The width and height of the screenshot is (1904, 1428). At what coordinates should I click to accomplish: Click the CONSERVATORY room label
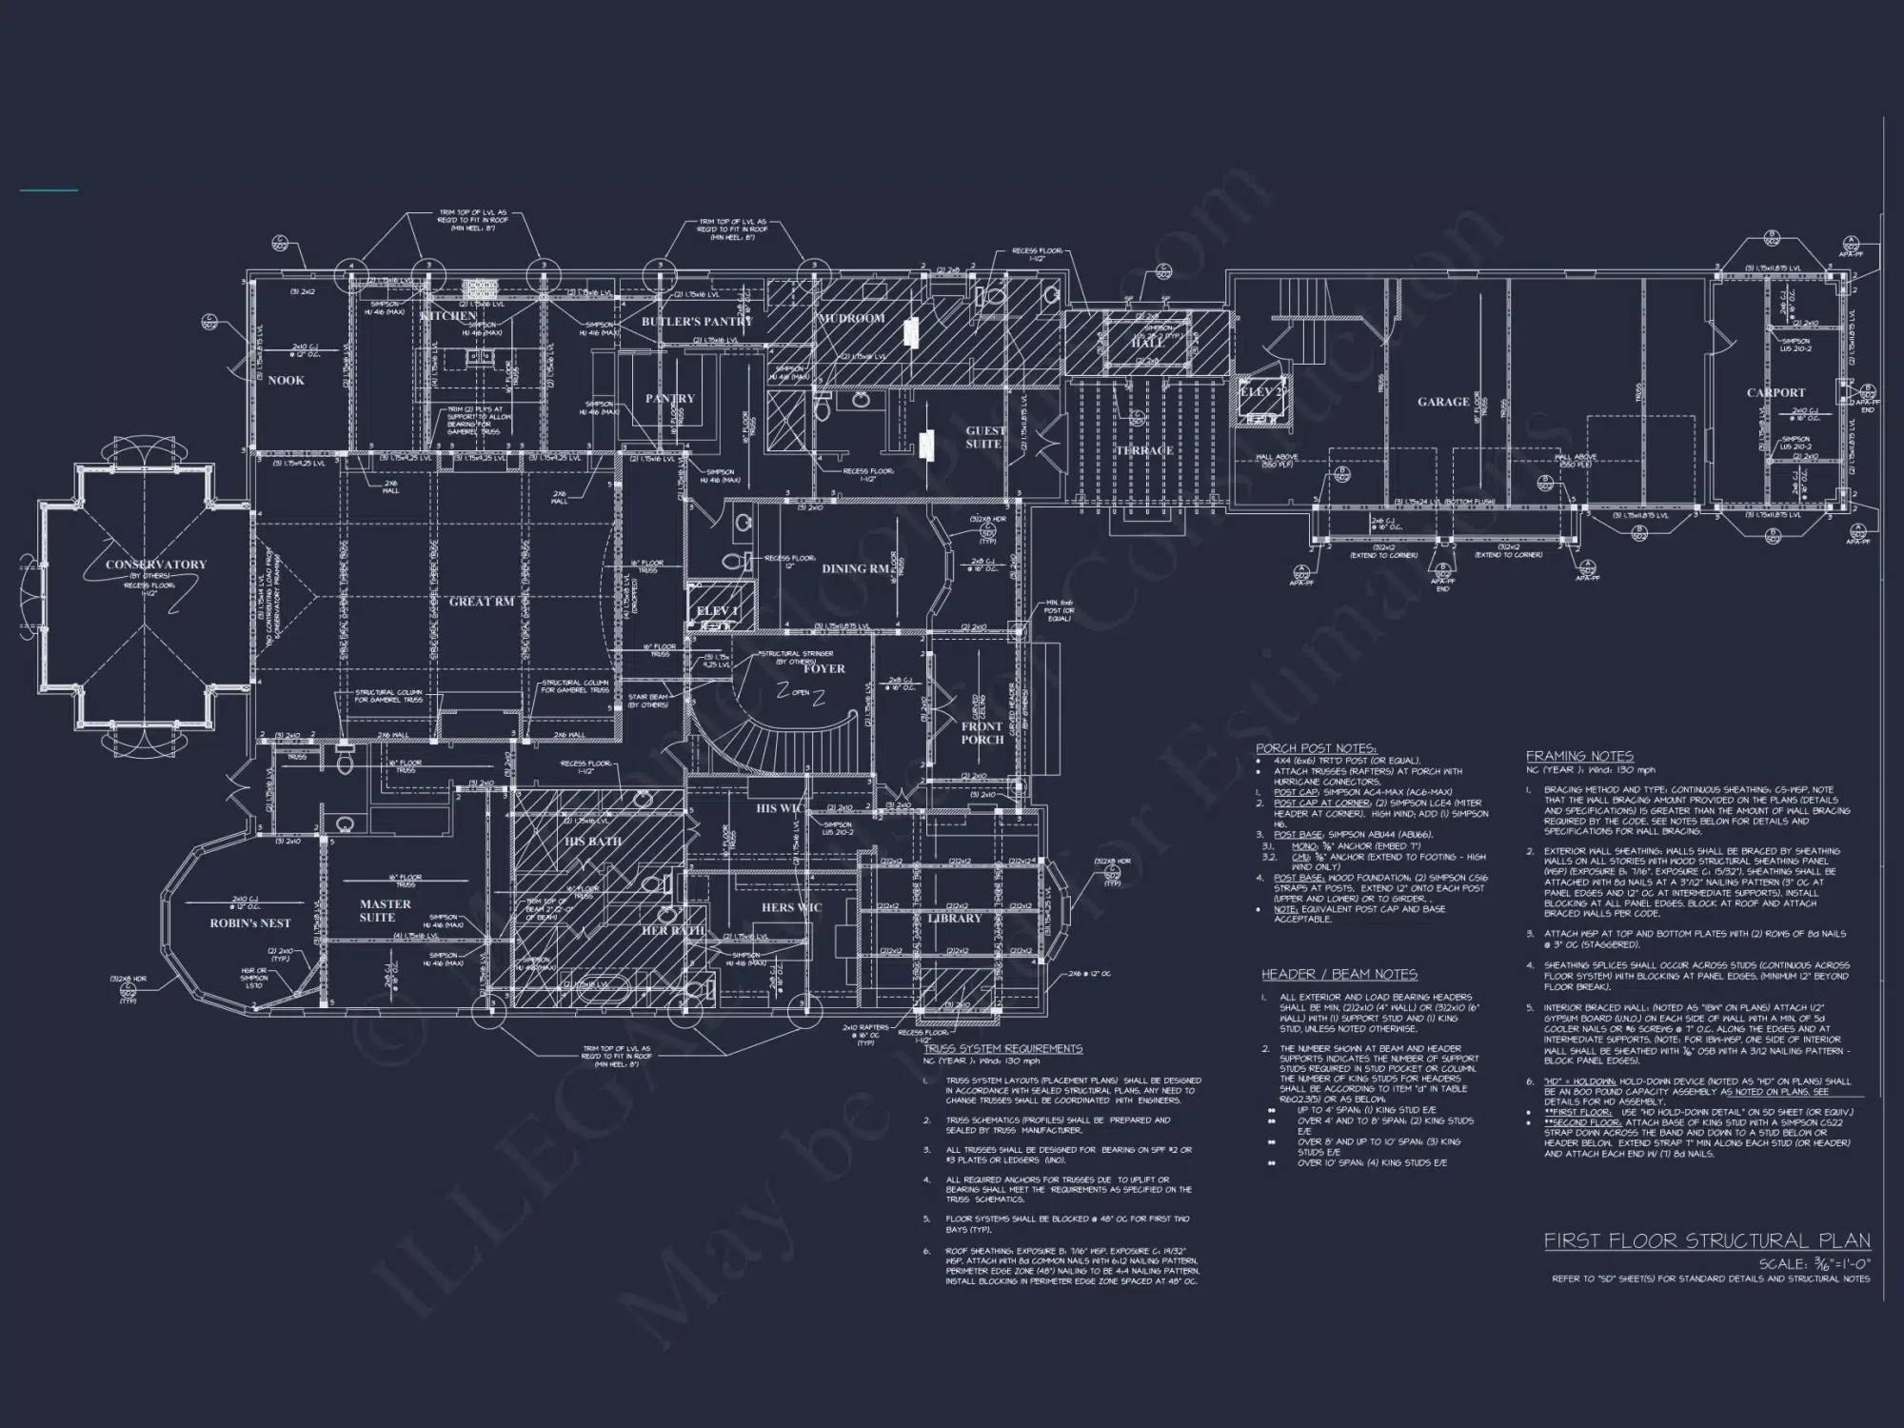pos(156,565)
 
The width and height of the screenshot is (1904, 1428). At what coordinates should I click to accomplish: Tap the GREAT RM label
pos(482,602)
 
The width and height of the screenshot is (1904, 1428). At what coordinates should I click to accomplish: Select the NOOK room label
pos(286,380)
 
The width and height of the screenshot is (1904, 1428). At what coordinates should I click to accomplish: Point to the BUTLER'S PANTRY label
pos(697,322)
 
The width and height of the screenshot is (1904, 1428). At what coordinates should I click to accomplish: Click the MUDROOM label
pos(852,318)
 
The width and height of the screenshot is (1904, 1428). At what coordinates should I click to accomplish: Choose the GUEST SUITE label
pos(985,437)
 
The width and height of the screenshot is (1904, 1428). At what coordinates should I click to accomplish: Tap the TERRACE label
pos(1143,450)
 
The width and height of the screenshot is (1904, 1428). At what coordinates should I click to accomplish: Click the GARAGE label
pos(1443,402)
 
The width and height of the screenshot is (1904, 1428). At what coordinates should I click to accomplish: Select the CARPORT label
pos(1775,392)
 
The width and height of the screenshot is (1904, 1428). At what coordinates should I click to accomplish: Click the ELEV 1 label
pos(717,611)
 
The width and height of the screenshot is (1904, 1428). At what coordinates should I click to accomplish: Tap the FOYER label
pos(823,668)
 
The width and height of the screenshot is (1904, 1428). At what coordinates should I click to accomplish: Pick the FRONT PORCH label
pos(982,732)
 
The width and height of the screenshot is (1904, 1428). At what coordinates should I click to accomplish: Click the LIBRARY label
pos(954,918)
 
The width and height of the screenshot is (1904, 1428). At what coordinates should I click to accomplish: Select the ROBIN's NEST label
pos(250,923)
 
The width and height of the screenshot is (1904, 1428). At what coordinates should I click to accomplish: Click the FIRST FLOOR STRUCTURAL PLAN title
pos(1706,1241)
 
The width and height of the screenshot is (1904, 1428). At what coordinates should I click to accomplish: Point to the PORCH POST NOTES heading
pos(1316,749)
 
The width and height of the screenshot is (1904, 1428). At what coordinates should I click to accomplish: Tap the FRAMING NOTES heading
pos(1579,756)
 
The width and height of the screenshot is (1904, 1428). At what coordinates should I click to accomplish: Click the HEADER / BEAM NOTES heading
pos(1339,975)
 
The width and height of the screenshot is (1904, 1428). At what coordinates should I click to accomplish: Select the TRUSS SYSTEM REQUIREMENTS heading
pos(1003,1048)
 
